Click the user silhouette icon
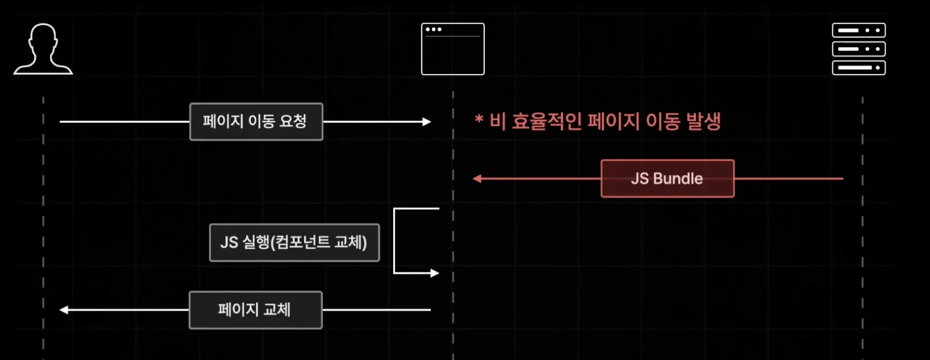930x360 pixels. click(x=43, y=49)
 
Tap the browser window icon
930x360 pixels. click(x=453, y=49)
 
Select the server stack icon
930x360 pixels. click(x=859, y=49)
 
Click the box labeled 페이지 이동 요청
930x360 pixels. click(x=256, y=122)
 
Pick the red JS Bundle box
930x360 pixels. click(x=667, y=179)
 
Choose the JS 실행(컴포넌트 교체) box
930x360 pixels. click(x=294, y=243)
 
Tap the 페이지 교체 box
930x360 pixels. click(x=255, y=310)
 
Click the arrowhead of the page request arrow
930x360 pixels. click(x=427, y=122)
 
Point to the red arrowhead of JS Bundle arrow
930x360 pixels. click(x=477, y=179)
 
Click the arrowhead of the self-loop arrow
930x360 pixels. click(x=435, y=273)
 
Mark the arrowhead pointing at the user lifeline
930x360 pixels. click(x=64, y=310)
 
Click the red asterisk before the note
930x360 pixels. click(x=479, y=119)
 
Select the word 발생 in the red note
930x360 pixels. click(x=703, y=121)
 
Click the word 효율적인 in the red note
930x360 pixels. click(x=547, y=121)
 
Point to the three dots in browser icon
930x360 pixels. click(x=434, y=29)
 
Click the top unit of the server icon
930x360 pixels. click(x=859, y=30)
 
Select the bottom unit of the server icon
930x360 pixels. click(x=859, y=68)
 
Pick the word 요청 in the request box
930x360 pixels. click(x=292, y=121)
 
